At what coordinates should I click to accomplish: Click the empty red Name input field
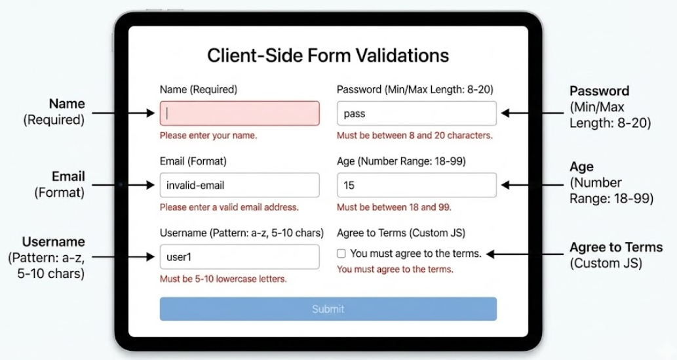pos(239,113)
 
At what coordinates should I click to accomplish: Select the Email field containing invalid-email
pos(239,185)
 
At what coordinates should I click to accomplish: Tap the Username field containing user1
pos(239,257)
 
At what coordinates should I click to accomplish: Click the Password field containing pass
pos(416,113)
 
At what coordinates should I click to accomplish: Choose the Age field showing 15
pos(416,185)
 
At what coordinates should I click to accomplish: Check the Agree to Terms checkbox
pos(341,253)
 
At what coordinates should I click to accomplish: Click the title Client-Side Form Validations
pos(328,55)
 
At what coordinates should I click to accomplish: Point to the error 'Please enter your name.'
pos(208,136)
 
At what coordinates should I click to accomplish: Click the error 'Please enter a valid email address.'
pos(229,207)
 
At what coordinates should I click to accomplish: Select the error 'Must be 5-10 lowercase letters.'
pos(223,279)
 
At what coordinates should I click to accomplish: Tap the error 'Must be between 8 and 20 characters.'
pos(414,136)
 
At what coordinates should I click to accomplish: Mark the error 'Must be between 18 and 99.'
pos(385,207)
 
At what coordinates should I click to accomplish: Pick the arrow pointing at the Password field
pos(532,113)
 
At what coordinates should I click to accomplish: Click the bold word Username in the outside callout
pos(53,241)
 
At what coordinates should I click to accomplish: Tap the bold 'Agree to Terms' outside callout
pos(615,248)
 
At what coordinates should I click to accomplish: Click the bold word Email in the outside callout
pos(68,176)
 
